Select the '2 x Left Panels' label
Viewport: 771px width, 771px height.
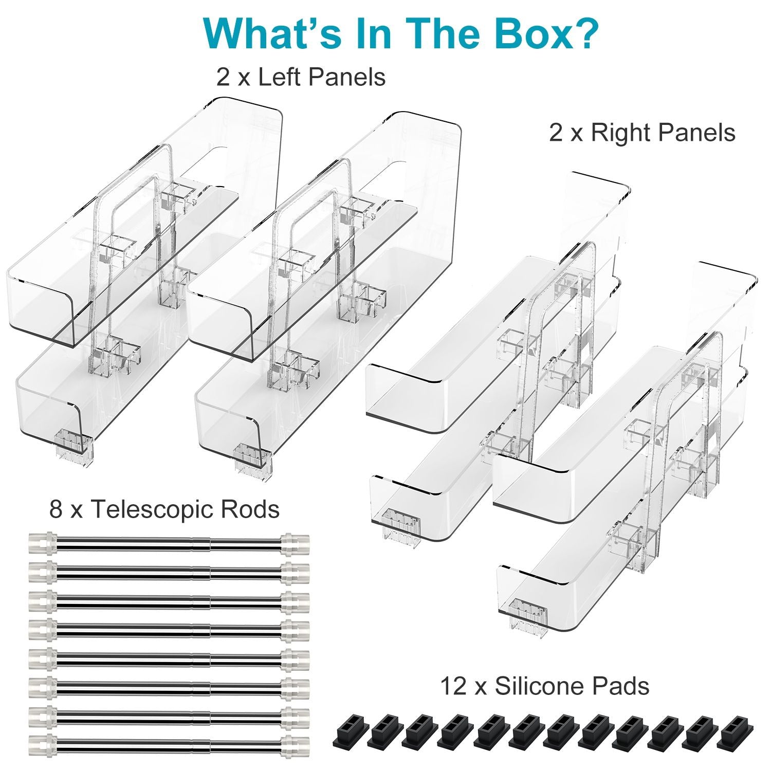click(x=301, y=78)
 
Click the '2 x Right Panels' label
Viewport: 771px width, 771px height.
click(x=642, y=133)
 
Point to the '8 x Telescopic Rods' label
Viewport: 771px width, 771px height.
click(x=164, y=509)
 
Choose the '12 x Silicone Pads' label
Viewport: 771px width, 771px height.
click(x=545, y=686)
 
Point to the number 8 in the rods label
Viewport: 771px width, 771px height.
click(x=56, y=509)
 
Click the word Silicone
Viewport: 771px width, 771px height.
click(x=533, y=686)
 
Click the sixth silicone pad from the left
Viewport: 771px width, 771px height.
click(x=527, y=730)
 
